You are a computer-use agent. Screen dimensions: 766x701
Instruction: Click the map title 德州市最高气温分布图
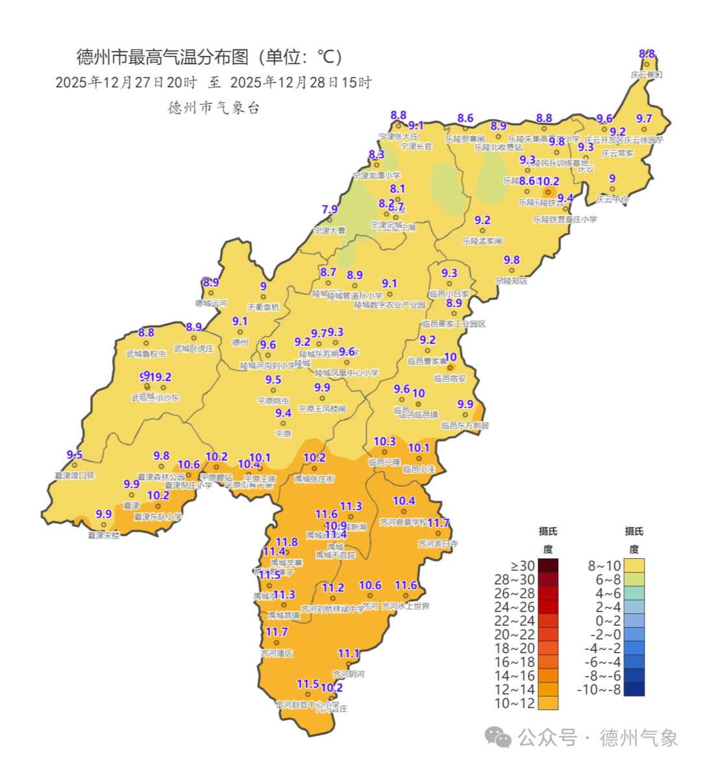162,57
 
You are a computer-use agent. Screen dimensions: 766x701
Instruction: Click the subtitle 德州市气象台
214,108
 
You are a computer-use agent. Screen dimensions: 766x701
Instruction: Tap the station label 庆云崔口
646,75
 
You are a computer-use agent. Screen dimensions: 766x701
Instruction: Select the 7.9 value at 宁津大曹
330,210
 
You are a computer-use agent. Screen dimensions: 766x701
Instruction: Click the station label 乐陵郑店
511,281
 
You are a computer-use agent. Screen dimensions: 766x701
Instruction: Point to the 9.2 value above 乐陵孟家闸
482,221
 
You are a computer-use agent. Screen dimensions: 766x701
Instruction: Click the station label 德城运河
211,303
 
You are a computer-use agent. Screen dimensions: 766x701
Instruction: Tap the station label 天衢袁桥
263,307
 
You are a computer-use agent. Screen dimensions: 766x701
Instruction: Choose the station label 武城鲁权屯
146,354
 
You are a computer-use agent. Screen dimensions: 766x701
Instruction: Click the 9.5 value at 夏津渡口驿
75,455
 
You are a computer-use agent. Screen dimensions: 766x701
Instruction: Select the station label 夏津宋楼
104,535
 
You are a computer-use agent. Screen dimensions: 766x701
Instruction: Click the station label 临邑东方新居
465,425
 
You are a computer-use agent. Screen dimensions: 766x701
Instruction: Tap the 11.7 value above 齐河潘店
277,632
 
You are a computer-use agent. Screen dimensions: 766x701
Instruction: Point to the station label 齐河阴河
349,674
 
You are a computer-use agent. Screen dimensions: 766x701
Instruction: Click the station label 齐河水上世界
406,606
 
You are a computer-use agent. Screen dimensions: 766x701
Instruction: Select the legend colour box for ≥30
548,566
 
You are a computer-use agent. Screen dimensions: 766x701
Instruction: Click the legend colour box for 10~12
548,703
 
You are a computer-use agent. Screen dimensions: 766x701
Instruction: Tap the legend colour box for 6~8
634,580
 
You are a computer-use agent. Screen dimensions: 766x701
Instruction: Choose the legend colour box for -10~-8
634,689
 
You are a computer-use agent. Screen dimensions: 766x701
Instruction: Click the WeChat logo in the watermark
498,737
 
